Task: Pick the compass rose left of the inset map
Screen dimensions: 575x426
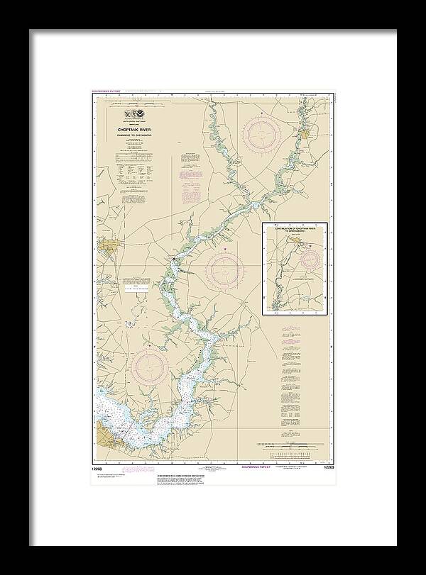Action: point(225,269)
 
